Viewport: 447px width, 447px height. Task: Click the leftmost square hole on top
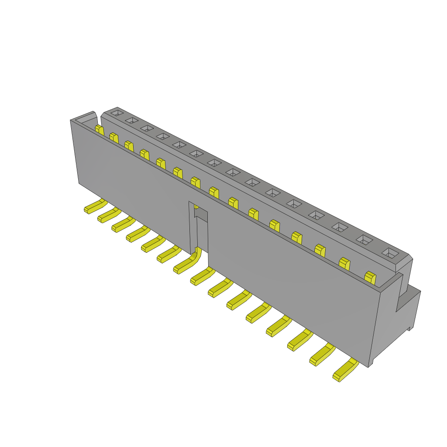(x=116, y=113)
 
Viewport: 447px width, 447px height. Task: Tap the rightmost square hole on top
(x=390, y=253)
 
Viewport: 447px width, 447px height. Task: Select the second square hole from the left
(x=131, y=120)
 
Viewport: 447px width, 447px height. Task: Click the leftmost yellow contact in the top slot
(x=100, y=130)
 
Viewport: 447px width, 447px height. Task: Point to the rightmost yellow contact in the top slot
(x=370, y=278)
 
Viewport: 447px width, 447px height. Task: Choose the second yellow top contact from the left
(x=114, y=138)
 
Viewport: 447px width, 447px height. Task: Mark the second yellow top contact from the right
(x=344, y=264)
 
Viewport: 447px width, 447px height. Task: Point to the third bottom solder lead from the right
(x=299, y=340)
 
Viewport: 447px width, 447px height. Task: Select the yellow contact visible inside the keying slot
(x=196, y=206)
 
